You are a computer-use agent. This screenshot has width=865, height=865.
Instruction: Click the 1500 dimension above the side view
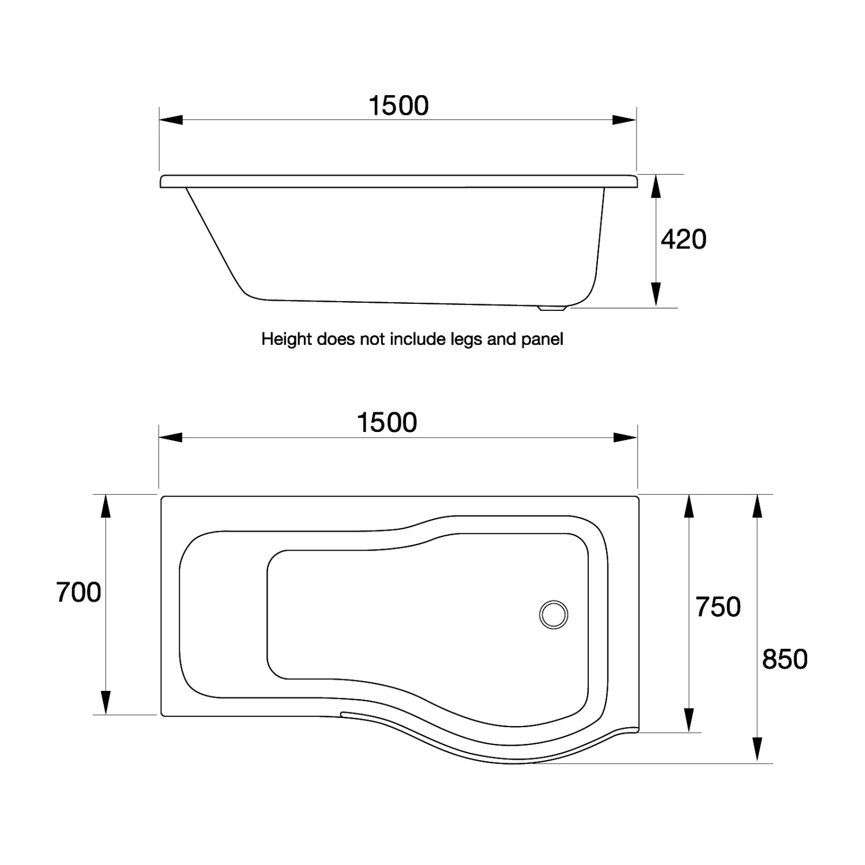[x=398, y=106]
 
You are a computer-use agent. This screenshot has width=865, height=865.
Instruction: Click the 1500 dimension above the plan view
[x=387, y=423]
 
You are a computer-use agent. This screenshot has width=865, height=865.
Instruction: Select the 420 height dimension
[x=683, y=239]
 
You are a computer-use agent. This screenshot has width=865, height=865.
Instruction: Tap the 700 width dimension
[x=78, y=593]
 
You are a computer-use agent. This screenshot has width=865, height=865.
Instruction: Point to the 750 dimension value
[x=718, y=607]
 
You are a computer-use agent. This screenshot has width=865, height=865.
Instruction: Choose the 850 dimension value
[x=784, y=659]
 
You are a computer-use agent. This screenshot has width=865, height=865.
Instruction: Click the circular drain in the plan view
[x=554, y=614]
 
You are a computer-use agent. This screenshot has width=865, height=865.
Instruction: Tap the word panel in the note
[x=542, y=339]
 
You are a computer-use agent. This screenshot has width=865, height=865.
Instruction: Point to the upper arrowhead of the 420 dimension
[x=656, y=186]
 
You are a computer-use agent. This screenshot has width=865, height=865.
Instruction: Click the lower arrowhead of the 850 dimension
[x=758, y=750]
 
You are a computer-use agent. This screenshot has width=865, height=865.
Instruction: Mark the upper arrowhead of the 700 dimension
[x=105, y=507]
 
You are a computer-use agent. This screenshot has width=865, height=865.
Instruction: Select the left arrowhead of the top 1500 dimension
[x=171, y=120]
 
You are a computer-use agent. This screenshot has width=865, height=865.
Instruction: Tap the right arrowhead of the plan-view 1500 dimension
[x=625, y=438]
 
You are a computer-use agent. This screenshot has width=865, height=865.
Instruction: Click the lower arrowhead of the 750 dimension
[x=688, y=720]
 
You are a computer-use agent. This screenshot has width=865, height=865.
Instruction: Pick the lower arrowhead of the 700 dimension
[x=105, y=702]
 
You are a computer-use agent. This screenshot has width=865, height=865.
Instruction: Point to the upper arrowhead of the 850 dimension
[x=758, y=507]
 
